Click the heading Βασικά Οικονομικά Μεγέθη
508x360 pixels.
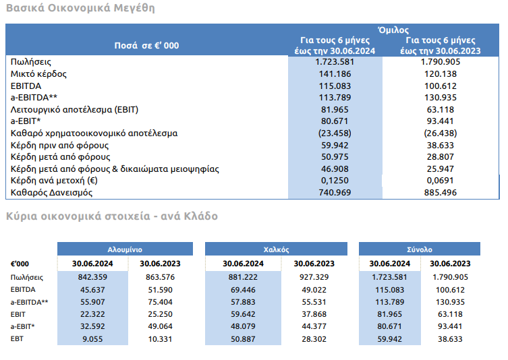point(80,9)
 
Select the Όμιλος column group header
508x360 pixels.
point(393,30)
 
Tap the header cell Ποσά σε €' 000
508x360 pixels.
point(147,45)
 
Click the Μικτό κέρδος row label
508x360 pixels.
point(38,73)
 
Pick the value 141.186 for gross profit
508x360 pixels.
point(335,73)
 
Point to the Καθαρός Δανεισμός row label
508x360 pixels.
point(50,193)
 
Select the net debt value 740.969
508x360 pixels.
point(335,193)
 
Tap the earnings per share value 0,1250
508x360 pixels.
point(335,181)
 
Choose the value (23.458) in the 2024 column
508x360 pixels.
point(335,133)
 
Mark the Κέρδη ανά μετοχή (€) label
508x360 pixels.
point(55,181)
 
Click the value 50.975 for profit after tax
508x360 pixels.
point(335,156)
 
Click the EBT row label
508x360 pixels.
point(17,338)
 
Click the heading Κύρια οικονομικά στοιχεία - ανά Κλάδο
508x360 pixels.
point(111,216)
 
